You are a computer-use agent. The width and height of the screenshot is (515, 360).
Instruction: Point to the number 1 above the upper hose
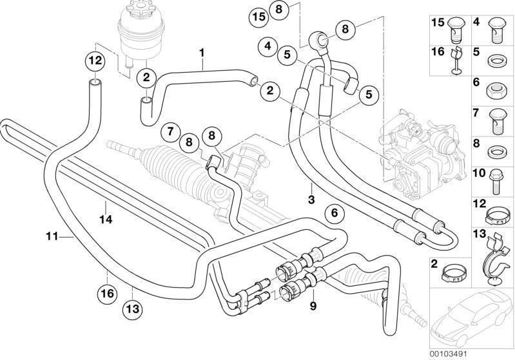tap(202, 51)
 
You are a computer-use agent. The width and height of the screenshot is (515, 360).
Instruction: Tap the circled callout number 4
tap(267, 46)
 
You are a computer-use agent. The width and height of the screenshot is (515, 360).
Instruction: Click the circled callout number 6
tap(333, 213)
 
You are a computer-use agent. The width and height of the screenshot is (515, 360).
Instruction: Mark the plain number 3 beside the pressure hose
tap(311, 200)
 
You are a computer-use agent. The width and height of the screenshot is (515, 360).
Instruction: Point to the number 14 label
tap(106, 220)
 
